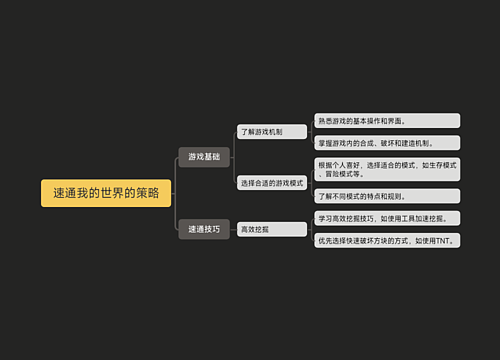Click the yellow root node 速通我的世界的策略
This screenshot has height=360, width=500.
(x=106, y=193)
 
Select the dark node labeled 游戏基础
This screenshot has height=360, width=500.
(x=204, y=157)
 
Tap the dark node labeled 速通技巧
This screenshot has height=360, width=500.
(x=204, y=229)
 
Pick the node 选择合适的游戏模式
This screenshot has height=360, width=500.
(x=272, y=183)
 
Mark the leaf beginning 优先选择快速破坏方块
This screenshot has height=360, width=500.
(x=386, y=241)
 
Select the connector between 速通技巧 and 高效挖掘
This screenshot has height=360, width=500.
(x=233, y=229)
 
